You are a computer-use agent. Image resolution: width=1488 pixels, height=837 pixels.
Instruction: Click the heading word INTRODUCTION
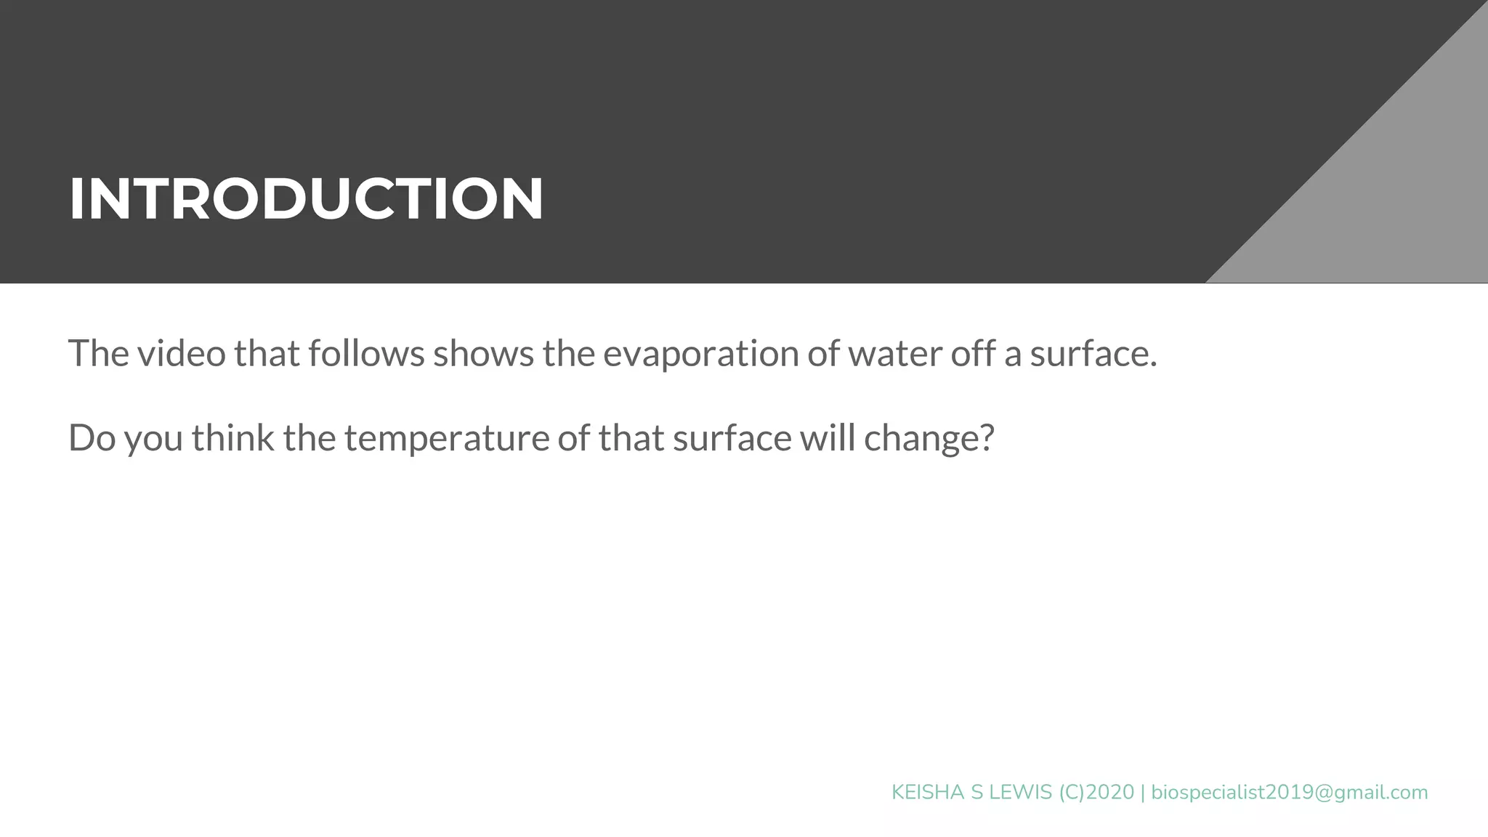point(306,198)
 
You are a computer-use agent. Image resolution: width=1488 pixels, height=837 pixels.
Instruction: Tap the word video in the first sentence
point(182,354)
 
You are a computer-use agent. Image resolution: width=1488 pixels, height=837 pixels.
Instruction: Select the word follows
point(366,354)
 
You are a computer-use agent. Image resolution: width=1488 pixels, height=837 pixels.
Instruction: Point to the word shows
point(483,354)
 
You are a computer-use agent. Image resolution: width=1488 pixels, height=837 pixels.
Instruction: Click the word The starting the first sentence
point(99,354)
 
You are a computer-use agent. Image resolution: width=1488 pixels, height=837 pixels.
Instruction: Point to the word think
point(232,438)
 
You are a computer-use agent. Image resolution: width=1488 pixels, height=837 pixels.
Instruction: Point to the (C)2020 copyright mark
point(1096,793)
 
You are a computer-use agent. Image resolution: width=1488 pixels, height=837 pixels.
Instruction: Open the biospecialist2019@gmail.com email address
point(1290,793)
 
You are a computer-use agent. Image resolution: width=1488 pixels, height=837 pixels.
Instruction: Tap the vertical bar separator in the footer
point(1143,793)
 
